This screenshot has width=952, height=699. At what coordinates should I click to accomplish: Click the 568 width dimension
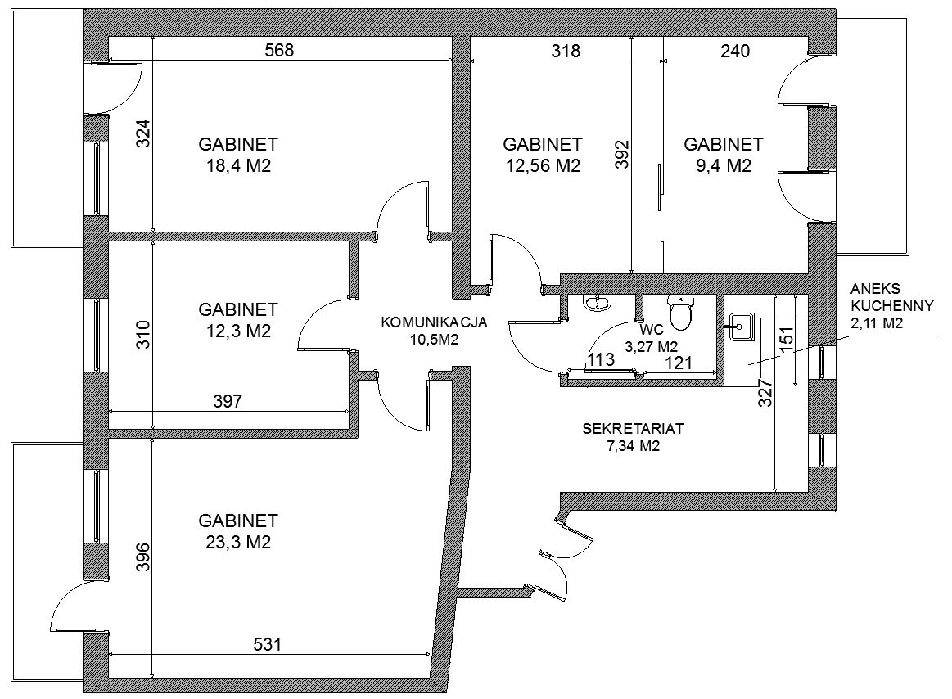pyautogui.click(x=279, y=49)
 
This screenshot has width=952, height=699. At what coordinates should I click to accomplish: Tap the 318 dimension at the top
pyautogui.click(x=566, y=51)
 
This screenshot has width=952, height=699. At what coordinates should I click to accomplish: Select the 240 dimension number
pyautogui.click(x=735, y=51)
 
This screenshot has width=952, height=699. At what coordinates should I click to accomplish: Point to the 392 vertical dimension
pyautogui.click(x=622, y=154)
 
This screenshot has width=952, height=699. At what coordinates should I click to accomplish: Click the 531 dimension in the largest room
pyautogui.click(x=267, y=643)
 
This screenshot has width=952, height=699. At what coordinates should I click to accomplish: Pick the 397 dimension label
pyautogui.click(x=228, y=401)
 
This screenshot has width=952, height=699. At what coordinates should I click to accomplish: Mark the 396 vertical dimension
pyautogui.click(x=143, y=557)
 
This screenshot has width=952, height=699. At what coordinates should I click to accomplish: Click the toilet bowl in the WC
pyautogui.click(x=680, y=312)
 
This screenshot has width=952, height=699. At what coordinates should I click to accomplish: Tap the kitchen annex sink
pyautogui.click(x=740, y=328)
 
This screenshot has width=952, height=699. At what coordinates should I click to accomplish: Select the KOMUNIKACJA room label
pyautogui.click(x=434, y=322)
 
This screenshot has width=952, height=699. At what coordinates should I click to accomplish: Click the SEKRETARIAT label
pyautogui.click(x=633, y=428)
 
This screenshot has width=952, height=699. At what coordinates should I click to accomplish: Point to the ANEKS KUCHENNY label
pyautogui.click(x=892, y=297)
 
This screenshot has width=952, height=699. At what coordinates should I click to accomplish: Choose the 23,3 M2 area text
pyautogui.click(x=238, y=542)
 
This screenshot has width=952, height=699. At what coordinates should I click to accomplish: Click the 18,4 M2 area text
pyautogui.click(x=238, y=165)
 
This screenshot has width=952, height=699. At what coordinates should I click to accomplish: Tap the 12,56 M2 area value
pyautogui.click(x=543, y=165)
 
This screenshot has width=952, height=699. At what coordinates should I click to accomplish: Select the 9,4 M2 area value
pyautogui.click(x=723, y=165)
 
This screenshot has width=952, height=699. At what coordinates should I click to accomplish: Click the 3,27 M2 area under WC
pyautogui.click(x=651, y=347)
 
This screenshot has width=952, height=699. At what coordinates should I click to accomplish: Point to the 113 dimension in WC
pyautogui.click(x=601, y=359)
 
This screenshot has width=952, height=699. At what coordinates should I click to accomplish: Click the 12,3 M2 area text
pyautogui.click(x=238, y=331)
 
